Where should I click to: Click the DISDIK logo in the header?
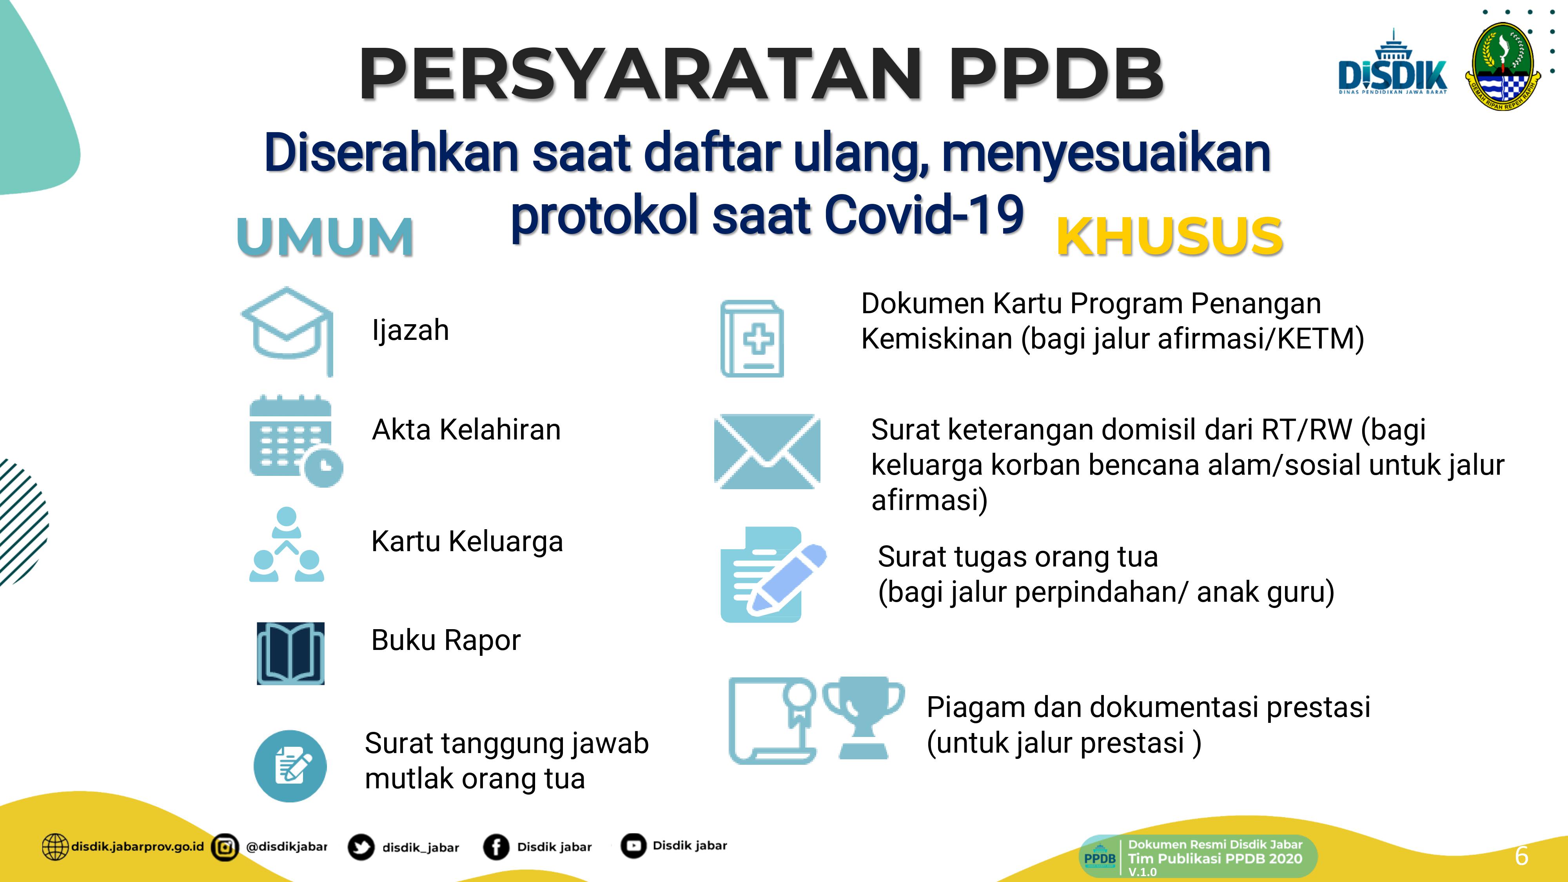click(1392, 70)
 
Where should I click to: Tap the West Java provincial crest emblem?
click(1502, 66)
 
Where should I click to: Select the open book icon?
click(290, 653)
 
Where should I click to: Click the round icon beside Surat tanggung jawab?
click(290, 766)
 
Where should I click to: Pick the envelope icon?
click(767, 451)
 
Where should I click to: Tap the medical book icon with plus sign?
click(752, 338)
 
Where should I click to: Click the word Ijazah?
click(410, 330)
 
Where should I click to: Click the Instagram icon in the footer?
click(225, 847)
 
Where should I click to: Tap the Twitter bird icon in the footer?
click(361, 847)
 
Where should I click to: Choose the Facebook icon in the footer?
click(496, 847)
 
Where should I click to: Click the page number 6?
click(1521, 856)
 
